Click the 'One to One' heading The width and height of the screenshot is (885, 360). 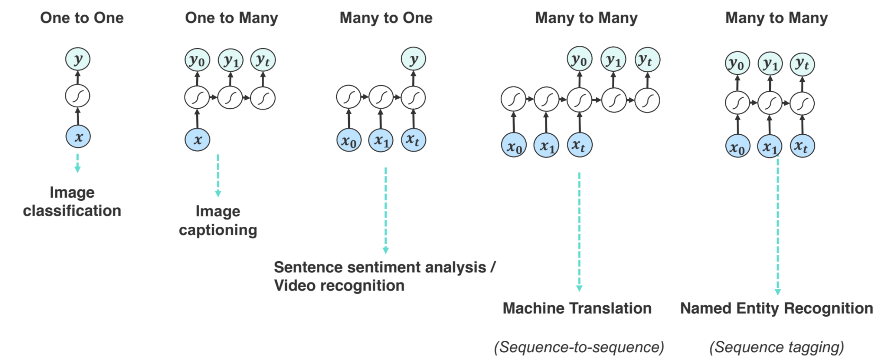[82, 18]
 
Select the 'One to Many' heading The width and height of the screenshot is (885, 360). [231, 18]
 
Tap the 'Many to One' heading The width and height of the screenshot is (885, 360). [386, 18]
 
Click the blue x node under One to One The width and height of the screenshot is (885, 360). [78, 137]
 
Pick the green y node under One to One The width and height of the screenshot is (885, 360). [78, 59]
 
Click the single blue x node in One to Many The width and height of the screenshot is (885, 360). [197, 140]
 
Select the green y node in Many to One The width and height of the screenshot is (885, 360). [413, 59]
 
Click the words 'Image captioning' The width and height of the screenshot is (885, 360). [218, 220]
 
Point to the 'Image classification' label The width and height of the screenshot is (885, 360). [72, 201]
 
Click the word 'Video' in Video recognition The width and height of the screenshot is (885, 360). [294, 286]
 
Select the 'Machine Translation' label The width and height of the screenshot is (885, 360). [577, 308]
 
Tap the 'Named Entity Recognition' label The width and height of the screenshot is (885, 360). [776, 308]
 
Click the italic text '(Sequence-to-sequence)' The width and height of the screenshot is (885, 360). [579, 347]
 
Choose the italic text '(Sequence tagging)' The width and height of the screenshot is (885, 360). [776, 347]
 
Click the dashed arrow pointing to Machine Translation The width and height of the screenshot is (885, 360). [579, 232]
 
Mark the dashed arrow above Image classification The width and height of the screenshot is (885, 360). [78, 163]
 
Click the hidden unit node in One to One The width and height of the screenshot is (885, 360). [78, 96]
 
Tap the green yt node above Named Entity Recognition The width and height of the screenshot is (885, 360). [802, 64]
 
